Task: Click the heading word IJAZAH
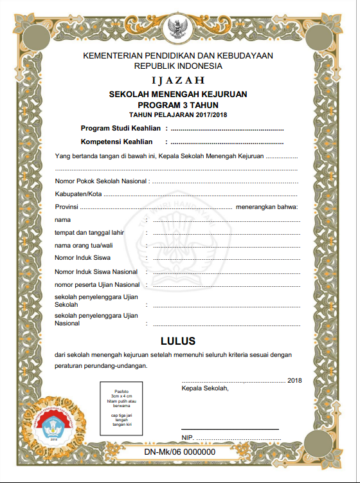click(x=178, y=80)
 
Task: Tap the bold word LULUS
click(x=177, y=340)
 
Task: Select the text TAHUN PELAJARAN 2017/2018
click(x=178, y=114)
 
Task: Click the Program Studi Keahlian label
click(x=120, y=129)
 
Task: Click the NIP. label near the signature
click(x=188, y=438)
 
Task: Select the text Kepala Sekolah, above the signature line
click(x=205, y=388)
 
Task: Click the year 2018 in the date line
click(x=294, y=380)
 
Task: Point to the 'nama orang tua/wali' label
click(x=84, y=246)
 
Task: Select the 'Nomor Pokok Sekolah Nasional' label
click(x=102, y=181)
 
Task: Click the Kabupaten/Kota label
click(x=78, y=194)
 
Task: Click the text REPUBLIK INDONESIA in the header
click(x=178, y=66)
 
